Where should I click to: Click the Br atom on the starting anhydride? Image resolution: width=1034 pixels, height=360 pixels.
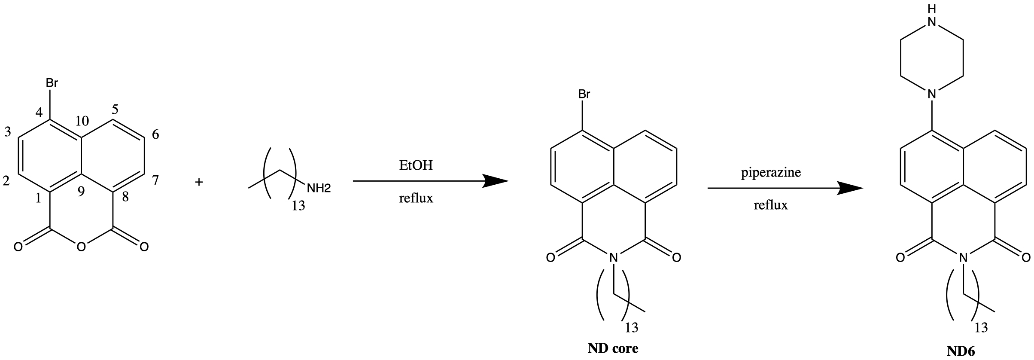[52, 83]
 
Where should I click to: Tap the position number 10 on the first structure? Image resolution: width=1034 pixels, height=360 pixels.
[82, 121]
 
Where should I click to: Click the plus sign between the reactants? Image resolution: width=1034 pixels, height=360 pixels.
[198, 182]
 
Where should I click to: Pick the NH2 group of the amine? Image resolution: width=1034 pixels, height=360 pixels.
[318, 188]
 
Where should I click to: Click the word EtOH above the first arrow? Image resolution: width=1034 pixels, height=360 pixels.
[416, 165]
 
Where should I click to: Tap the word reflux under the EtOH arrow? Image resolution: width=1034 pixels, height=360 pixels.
[416, 198]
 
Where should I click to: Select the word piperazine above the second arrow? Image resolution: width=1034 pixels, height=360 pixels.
[771, 173]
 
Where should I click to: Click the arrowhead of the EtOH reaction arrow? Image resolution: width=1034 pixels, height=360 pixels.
[496, 181]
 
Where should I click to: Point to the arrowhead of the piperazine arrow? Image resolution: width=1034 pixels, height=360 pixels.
[850, 188]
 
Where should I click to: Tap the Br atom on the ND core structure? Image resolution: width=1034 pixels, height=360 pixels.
[584, 94]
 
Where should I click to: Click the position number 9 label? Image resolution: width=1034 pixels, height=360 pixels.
[82, 192]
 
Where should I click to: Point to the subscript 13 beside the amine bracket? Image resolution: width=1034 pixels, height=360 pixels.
[298, 206]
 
